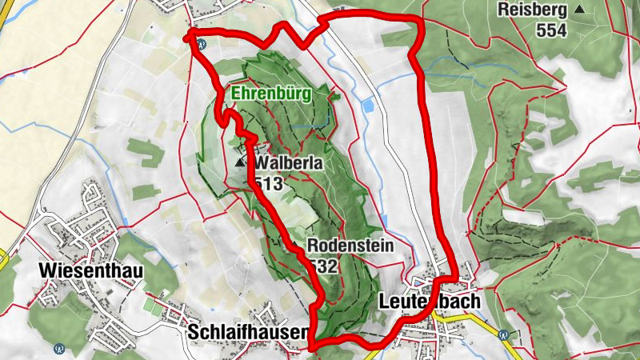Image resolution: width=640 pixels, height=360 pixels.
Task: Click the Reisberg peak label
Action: click(x=531, y=10)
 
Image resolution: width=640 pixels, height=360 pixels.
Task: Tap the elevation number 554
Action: click(x=552, y=30)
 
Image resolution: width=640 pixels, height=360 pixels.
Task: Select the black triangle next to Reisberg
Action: click(x=579, y=10)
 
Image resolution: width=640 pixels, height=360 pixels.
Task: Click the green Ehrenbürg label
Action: click(x=270, y=94)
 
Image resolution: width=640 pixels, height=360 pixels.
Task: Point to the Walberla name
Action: click(x=289, y=163)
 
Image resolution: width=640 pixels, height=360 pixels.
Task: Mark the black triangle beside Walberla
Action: click(x=240, y=162)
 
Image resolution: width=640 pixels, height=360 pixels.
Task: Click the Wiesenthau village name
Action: click(x=90, y=271)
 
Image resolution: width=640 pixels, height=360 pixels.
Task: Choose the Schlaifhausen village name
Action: click(x=247, y=331)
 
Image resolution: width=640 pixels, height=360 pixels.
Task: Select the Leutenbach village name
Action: click(x=429, y=302)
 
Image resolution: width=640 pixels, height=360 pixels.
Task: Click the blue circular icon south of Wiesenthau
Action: click(x=59, y=349)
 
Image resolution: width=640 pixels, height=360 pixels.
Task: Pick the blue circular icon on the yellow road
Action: click(x=503, y=335)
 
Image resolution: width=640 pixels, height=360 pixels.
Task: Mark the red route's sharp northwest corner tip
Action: click(x=190, y=34)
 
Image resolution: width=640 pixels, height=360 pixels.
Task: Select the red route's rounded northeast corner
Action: click(x=415, y=20)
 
